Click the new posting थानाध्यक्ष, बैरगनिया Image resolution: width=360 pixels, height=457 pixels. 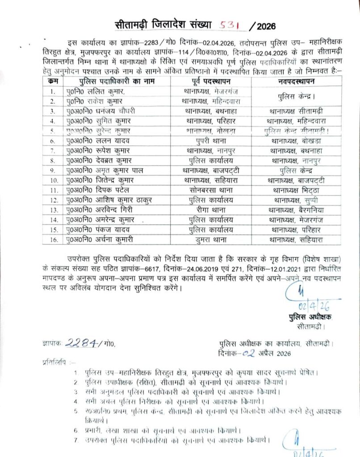(297, 210)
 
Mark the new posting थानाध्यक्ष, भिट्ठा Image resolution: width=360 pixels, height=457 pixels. (297, 190)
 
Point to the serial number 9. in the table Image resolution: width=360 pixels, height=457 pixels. (53, 170)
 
